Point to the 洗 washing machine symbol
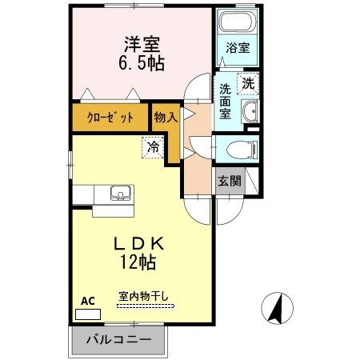coord(248,82)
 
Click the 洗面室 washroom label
coord(226,102)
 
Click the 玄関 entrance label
coord(230,181)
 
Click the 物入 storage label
coord(166,118)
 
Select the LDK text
coord(145,243)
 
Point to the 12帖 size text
coord(141,261)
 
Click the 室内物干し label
coord(144,296)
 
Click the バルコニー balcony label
coord(118,340)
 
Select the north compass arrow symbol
coord(278,307)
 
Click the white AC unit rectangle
coord(84,314)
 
